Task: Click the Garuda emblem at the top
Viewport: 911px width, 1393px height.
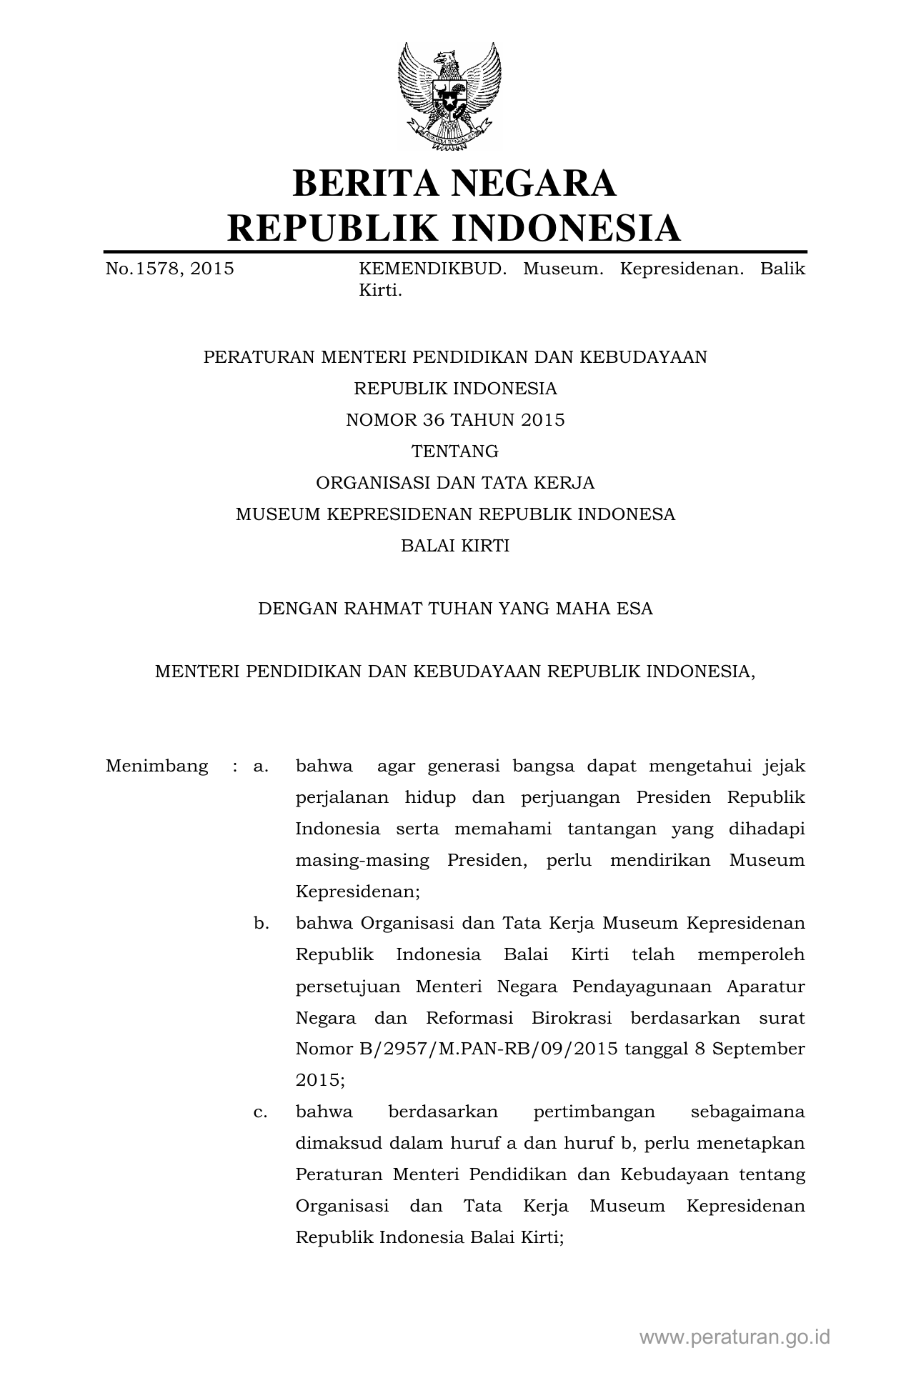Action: pos(449,96)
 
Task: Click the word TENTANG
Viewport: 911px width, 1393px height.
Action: pos(455,451)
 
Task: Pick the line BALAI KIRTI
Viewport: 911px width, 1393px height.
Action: pos(455,546)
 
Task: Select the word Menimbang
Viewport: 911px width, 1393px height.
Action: pos(156,767)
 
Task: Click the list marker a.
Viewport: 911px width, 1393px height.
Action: pos(260,767)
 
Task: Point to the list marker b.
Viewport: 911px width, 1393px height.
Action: pos(261,924)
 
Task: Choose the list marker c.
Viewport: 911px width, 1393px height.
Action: pos(260,1112)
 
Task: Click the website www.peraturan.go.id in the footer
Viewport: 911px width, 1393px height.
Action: pos(735,1337)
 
